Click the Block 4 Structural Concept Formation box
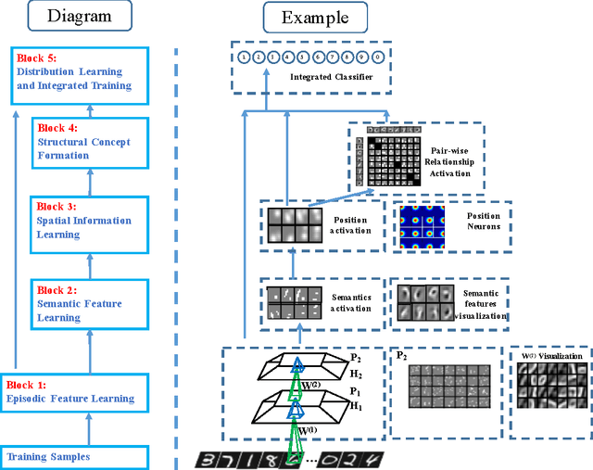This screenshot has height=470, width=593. [89, 142]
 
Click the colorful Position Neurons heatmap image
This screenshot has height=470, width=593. [424, 225]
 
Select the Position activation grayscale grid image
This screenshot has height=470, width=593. [294, 225]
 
